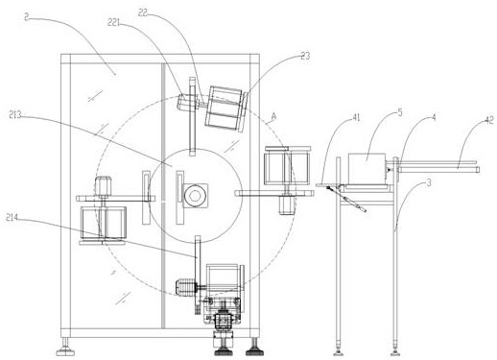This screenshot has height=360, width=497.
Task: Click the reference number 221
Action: [113, 22]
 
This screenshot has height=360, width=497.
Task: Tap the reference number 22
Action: [143, 12]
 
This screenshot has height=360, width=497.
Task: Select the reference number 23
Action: [305, 56]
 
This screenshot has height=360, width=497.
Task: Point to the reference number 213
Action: [15, 115]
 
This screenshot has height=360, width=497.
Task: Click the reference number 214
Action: [12, 218]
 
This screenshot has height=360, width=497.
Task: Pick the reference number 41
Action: [356, 117]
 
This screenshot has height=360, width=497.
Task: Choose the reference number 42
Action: [489, 120]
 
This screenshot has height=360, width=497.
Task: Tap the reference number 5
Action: [400, 112]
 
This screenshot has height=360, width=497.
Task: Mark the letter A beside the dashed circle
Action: [273, 117]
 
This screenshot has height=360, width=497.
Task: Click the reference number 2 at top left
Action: [27, 17]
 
